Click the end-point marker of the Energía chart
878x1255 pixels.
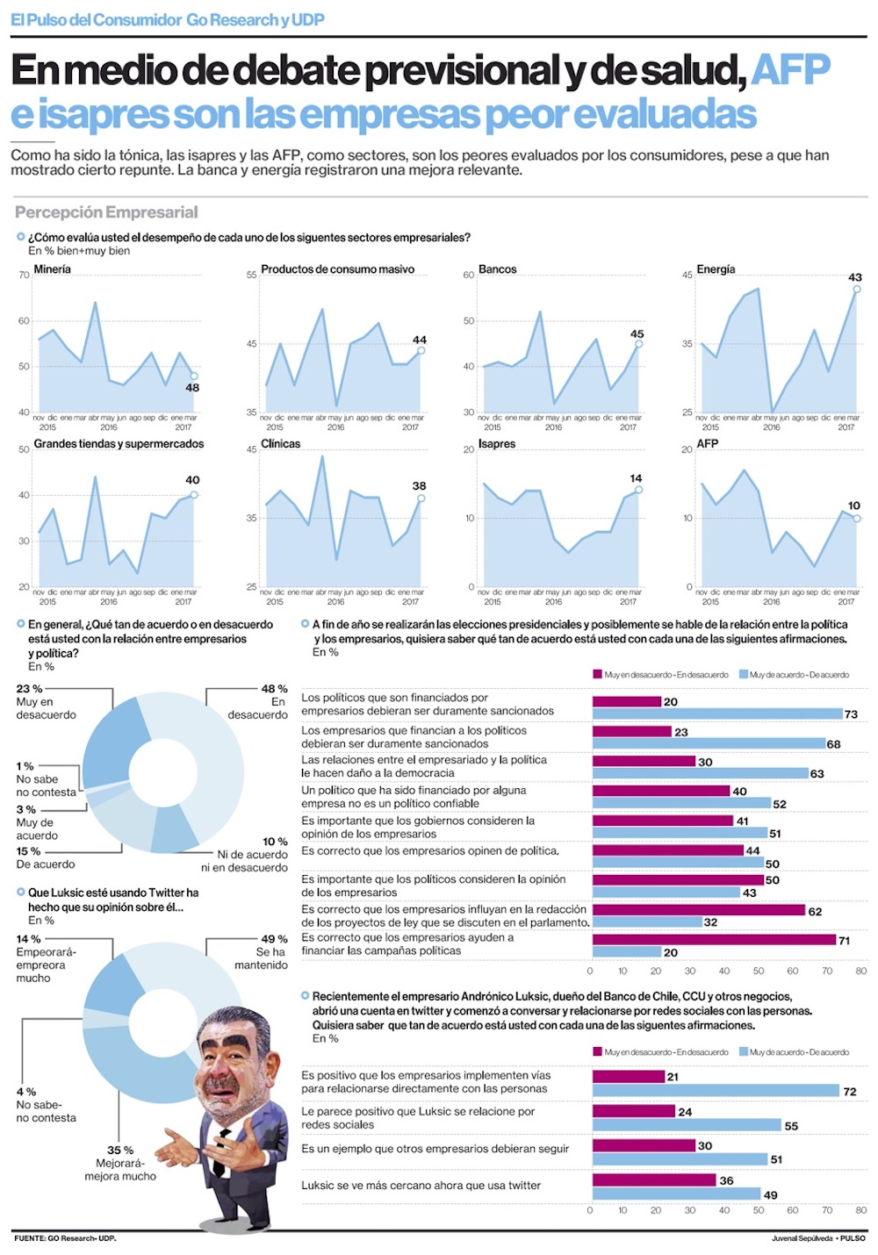point(857,289)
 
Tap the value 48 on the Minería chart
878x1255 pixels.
point(192,387)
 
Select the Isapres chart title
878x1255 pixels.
point(497,444)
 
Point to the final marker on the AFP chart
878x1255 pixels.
point(857,519)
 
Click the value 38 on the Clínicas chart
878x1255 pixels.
point(420,485)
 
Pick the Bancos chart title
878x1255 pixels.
point(498,269)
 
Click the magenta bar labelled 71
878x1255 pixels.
point(714,940)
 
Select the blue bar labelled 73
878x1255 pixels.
point(717,714)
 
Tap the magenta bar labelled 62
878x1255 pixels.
point(699,910)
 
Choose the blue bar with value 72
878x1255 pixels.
point(716,1091)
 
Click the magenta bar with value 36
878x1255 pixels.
point(654,1180)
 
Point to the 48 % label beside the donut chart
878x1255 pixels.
point(274,689)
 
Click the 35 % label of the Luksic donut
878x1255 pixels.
point(120,1150)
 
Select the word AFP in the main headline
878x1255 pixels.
point(790,70)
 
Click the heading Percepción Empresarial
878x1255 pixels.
point(106,212)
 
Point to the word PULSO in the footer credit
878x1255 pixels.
point(852,1238)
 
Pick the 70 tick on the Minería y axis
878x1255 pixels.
point(24,276)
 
